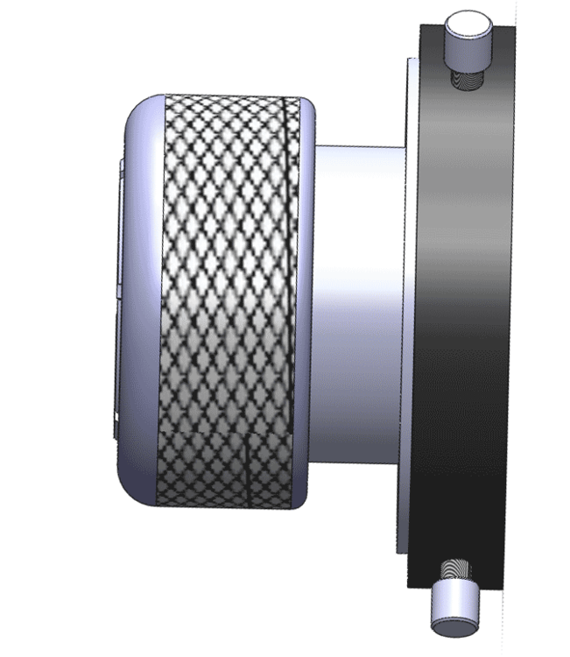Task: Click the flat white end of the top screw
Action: click(x=468, y=20)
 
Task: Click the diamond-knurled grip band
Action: click(x=223, y=298)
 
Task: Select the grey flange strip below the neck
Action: click(x=403, y=517)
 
